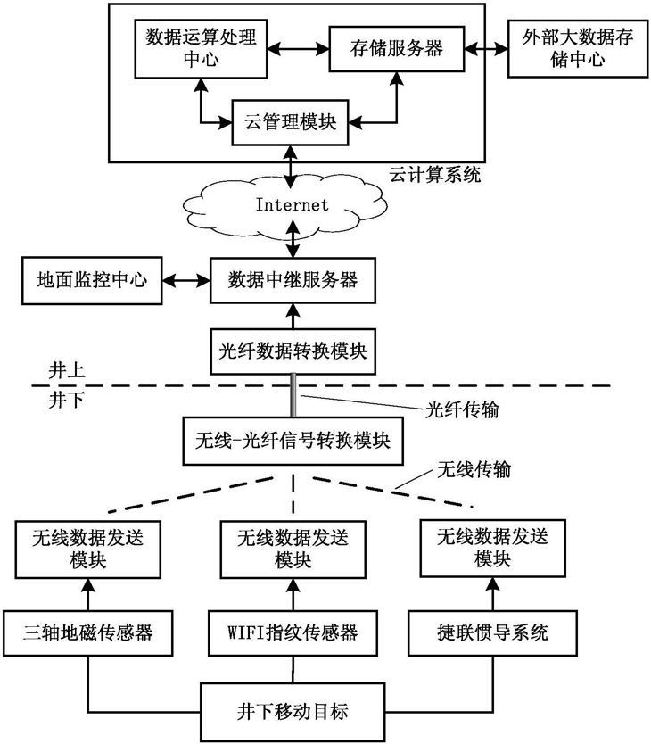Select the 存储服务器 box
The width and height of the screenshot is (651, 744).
[397, 49]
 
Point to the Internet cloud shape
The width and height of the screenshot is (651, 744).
[293, 205]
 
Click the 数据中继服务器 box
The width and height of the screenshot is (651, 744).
[293, 280]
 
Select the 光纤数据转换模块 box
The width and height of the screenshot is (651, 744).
[293, 350]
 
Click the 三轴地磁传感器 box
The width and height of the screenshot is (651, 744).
[87, 634]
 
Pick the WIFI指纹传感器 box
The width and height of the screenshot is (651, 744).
[293, 634]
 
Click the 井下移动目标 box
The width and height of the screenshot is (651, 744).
[292, 711]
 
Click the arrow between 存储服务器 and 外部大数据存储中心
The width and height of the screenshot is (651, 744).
[487, 49]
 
